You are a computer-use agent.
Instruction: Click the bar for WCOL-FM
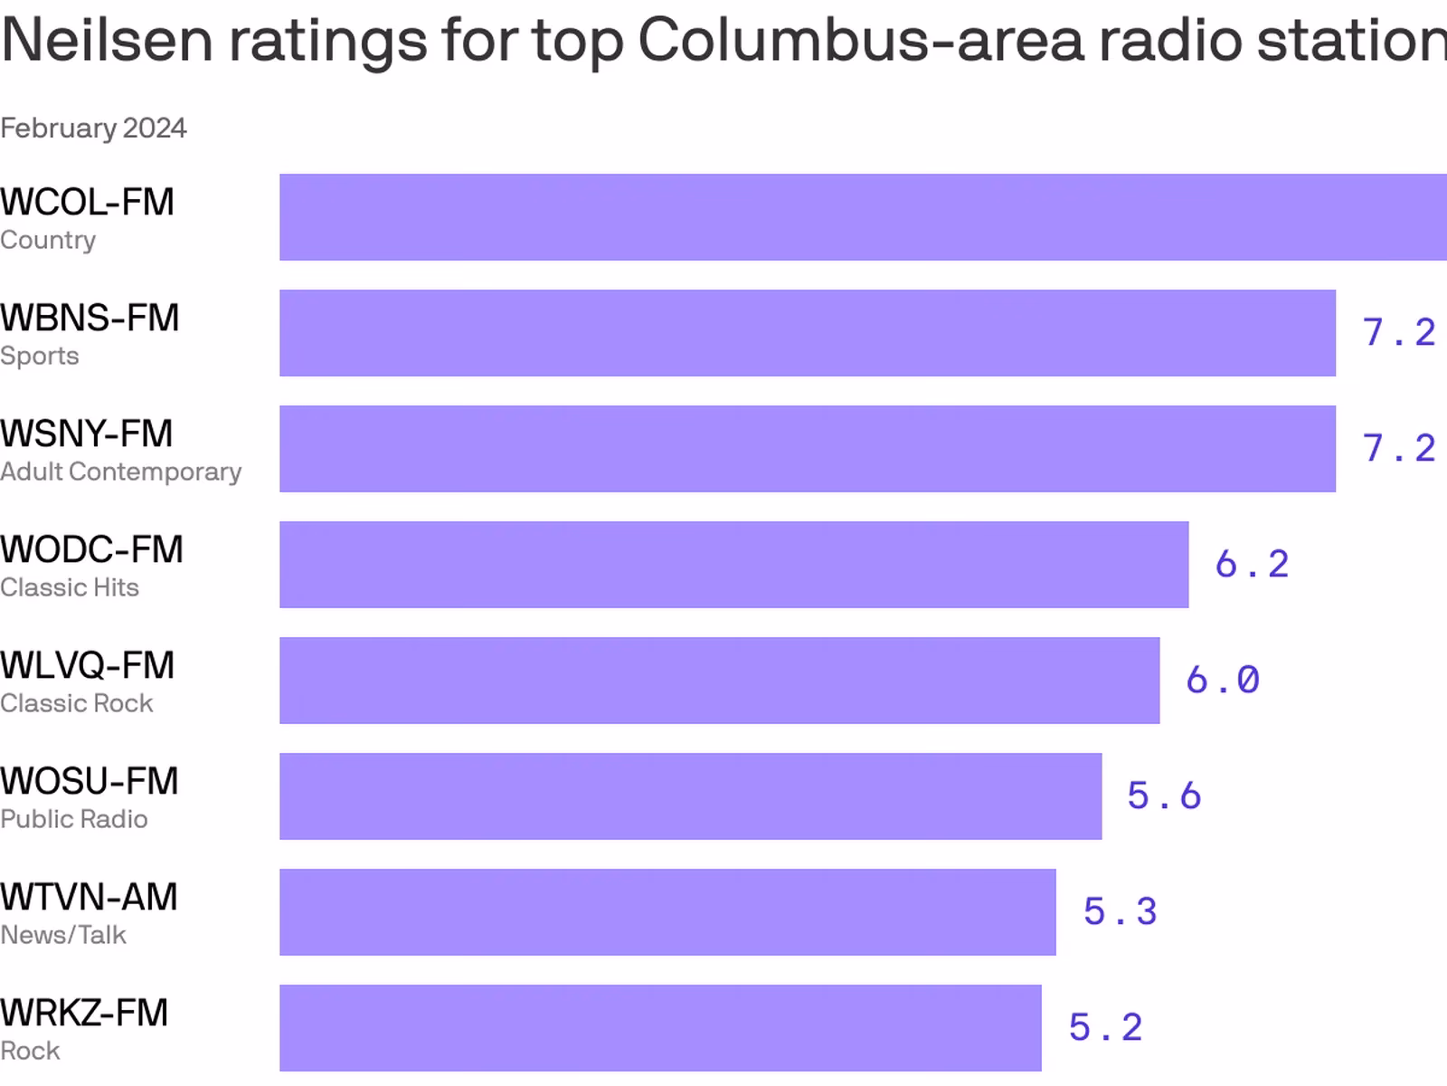coord(863,217)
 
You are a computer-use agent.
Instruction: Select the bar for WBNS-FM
coord(807,333)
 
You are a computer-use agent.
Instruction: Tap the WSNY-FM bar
coord(807,449)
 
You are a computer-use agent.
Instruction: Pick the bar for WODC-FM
coord(733,565)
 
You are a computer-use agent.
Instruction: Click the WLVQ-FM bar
coord(719,681)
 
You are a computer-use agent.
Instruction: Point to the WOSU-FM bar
coord(690,796)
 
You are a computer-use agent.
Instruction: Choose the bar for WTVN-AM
coord(667,912)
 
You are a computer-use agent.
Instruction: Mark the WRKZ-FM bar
coord(660,1028)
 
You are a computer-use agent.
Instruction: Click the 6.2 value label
coord(1252,565)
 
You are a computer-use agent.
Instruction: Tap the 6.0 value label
coord(1223,681)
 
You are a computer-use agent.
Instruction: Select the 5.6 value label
coord(1164,796)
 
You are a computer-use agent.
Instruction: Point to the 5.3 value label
coord(1121,912)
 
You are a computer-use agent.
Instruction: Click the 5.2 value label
coord(1105,1028)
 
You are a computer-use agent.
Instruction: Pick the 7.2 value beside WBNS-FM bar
coord(1399,333)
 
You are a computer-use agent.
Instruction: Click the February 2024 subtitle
coord(93,129)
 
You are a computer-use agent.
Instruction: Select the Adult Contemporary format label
coord(121,472)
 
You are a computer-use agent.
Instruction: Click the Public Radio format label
coord(74,820)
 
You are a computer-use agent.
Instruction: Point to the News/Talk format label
coord(63,936)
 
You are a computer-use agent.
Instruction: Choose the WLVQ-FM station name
coord(88,666)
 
